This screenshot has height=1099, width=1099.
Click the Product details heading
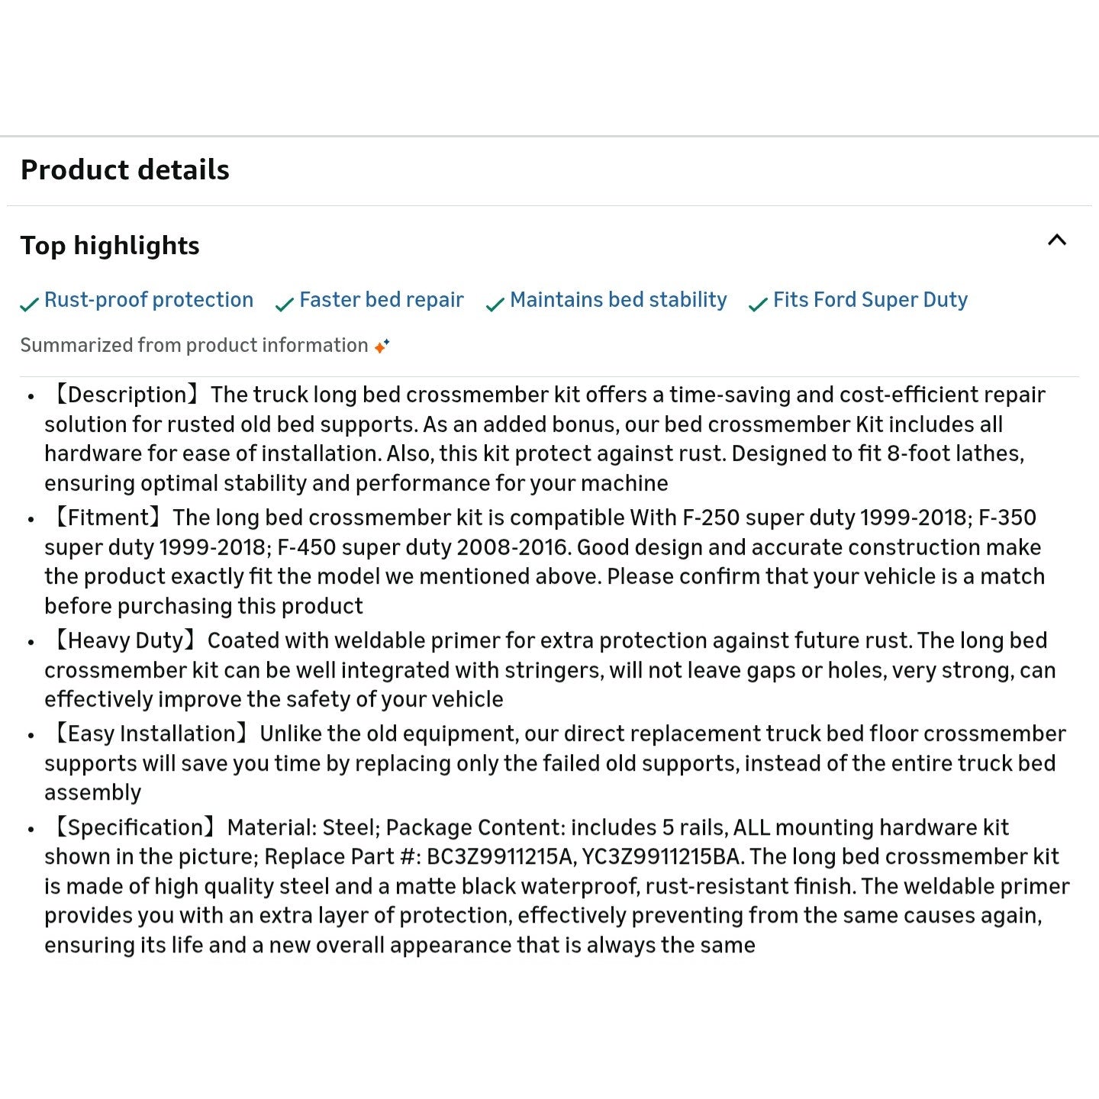tap(124, 169)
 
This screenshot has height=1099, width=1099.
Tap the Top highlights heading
tap(110, 245)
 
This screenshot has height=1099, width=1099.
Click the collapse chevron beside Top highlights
tap(1057, 240)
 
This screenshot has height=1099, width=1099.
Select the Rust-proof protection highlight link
tap(148, 300)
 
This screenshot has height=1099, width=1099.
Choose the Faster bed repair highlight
tap(381, 300)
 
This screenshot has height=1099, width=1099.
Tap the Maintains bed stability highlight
tap(618, 300)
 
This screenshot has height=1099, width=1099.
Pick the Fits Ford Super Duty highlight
tap(870, 300)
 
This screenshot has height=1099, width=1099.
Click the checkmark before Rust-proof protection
tap(29, 305)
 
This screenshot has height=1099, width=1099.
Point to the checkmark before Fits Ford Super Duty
tap(758, 305)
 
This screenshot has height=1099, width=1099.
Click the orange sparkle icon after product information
tap(382, 346)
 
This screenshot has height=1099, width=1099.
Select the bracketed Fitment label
tap(107, 517)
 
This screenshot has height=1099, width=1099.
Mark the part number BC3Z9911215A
tap(500, 856)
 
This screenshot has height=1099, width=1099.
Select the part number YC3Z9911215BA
tap(661, 856)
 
